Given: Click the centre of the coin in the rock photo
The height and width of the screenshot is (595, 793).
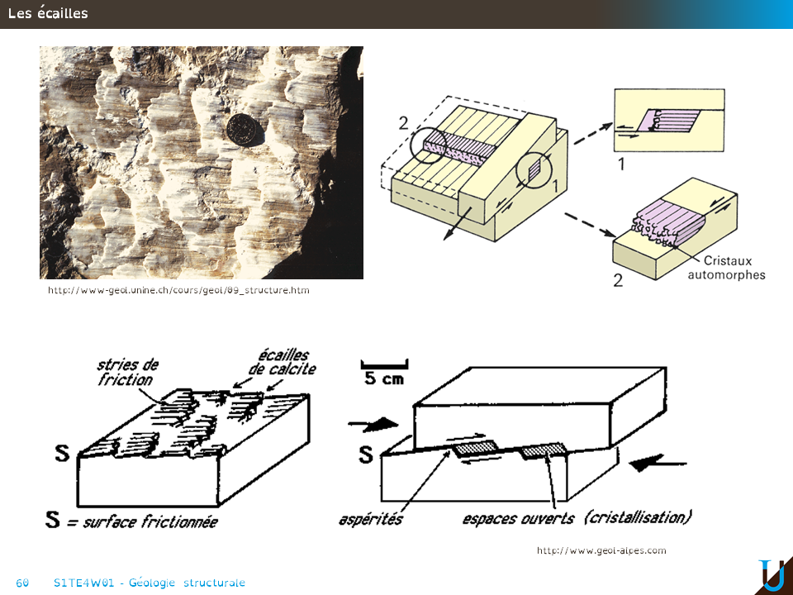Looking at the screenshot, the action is pos(245,130).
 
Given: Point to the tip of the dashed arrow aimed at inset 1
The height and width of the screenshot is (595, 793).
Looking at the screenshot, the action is pos(613,123).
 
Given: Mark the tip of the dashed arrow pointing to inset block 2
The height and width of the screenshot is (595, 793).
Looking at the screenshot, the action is pos(616,236).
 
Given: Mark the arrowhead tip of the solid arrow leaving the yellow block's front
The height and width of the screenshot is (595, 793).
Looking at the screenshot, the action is pos(444,240).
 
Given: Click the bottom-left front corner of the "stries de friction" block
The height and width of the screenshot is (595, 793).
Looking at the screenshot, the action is pos(78,506).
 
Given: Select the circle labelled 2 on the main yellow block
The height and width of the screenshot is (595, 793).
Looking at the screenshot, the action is pos(429,144).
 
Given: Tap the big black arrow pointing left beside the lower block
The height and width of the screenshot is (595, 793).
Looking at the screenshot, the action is pos(657,462).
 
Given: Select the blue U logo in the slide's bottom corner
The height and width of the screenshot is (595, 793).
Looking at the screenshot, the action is pos(772,576).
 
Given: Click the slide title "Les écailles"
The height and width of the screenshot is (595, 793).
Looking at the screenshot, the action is pos(48,13).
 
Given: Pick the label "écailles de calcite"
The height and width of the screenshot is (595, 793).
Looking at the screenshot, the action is pos(283,362).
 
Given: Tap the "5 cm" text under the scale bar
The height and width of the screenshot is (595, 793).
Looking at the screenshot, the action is pos(384,378).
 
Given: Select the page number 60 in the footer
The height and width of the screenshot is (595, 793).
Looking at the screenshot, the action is pos(22,583).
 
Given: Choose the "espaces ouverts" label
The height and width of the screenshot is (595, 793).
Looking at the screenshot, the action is pos(519,519).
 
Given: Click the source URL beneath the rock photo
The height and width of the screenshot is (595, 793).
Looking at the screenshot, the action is pos(178,290).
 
